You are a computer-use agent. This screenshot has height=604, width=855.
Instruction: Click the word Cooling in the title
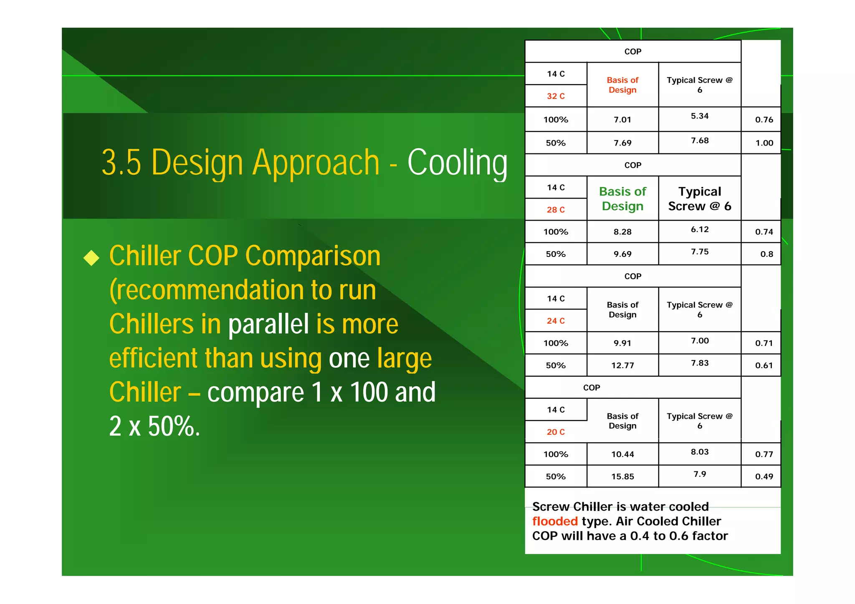coord(457,163)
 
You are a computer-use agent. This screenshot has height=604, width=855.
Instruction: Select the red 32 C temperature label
coord(556,96)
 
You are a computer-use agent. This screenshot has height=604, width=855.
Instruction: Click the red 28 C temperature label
coord(556,209)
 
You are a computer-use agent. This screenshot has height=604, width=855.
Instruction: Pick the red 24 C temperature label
coord(556,321)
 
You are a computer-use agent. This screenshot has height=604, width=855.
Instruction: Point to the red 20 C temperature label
coord(556,432)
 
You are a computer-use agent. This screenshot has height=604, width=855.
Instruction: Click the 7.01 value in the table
coord(622,120)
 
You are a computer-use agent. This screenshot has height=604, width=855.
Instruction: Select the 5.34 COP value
coord(700,116)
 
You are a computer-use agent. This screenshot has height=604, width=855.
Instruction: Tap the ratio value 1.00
coord(764,143)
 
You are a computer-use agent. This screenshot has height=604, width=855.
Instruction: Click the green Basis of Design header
coord(622,199)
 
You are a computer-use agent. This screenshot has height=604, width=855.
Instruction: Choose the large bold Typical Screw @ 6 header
coord(700,199)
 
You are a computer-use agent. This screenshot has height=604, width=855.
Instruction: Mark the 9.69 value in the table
coord(622,254)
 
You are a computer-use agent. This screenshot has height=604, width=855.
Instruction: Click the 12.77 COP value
coord(622,365)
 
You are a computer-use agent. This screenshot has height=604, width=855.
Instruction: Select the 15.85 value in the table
coord(622,476)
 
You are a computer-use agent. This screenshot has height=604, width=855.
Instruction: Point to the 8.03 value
coord(700,452)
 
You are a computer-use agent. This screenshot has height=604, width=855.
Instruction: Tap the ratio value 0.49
coord(764,476)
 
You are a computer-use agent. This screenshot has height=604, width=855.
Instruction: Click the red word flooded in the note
coord(555,521)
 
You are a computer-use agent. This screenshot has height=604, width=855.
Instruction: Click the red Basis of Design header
coord(622,85)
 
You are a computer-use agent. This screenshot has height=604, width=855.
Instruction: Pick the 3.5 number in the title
coord(121,163)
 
